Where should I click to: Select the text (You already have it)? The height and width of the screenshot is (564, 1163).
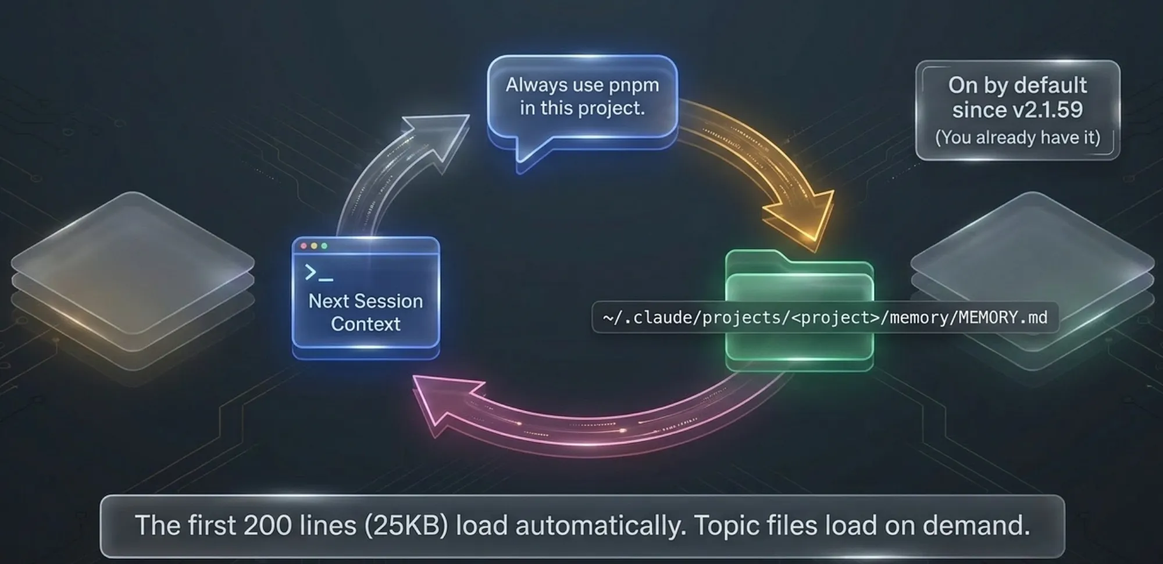point(1018,137)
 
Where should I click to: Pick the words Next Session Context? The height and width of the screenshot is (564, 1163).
point(366,312)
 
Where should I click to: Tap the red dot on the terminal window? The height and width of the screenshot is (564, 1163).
point(304,246)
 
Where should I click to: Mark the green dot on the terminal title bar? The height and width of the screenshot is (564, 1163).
point(324,246)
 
